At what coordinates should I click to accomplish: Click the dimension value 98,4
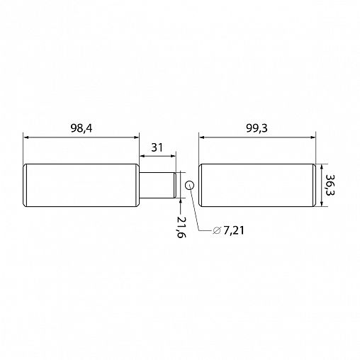pos(81,128)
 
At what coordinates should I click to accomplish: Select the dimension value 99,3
pos(257,128)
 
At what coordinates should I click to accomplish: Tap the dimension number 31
pos(157,147)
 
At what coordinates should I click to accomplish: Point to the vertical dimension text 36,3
pos(330,185)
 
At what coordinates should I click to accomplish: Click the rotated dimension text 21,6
pos(181,227)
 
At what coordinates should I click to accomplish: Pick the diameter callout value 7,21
pos(233,230)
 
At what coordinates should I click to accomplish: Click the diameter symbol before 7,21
pos(217,230)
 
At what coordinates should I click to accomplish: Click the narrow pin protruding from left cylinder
pos(158,185)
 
